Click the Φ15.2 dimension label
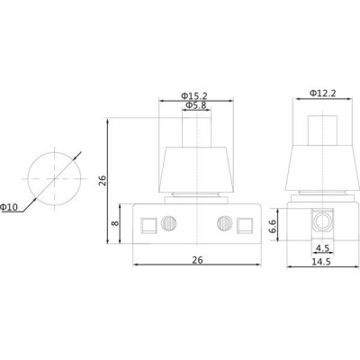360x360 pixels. click(x=194, y=96)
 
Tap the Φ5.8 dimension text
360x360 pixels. click(x=196, y=105)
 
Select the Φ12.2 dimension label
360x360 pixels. click(x=323, y=94)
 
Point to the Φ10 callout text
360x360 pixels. click(x=9, y=207)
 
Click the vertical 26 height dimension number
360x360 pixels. click(x=103, y=181)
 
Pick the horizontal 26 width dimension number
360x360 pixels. click(x=197, y=260)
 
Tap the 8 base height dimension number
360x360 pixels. click(x=115, y=223)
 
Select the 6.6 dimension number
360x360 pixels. click(x=273, y=226)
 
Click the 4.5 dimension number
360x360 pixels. click(x=323, y=248)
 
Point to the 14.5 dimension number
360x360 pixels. click(x=321, y=262)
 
